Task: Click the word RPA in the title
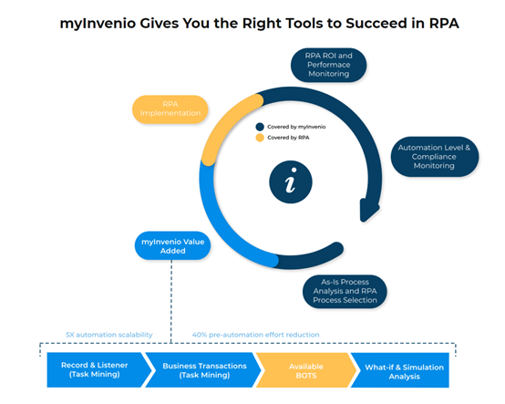[x=444, y=23]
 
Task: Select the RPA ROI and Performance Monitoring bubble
[x=328, y=65]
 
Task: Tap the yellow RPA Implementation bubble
[x=170, y=109]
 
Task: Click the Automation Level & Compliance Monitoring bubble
[x=435, y=157]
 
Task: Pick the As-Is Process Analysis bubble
[x=345, y=291]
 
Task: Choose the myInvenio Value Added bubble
[x=172, y=246]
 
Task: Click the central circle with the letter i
[x=291, y=182]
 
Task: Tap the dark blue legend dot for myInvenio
[x=260, y=127]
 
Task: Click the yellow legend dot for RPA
[x=260, y=138]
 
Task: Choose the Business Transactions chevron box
[x=204, y=370]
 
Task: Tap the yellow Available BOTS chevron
[x=306, y=370]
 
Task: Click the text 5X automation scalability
[x=109, y=335]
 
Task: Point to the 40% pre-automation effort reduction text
[x=256, y=335]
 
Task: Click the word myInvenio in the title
[x=98, y=24]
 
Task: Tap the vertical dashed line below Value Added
[x=171, y=302]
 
